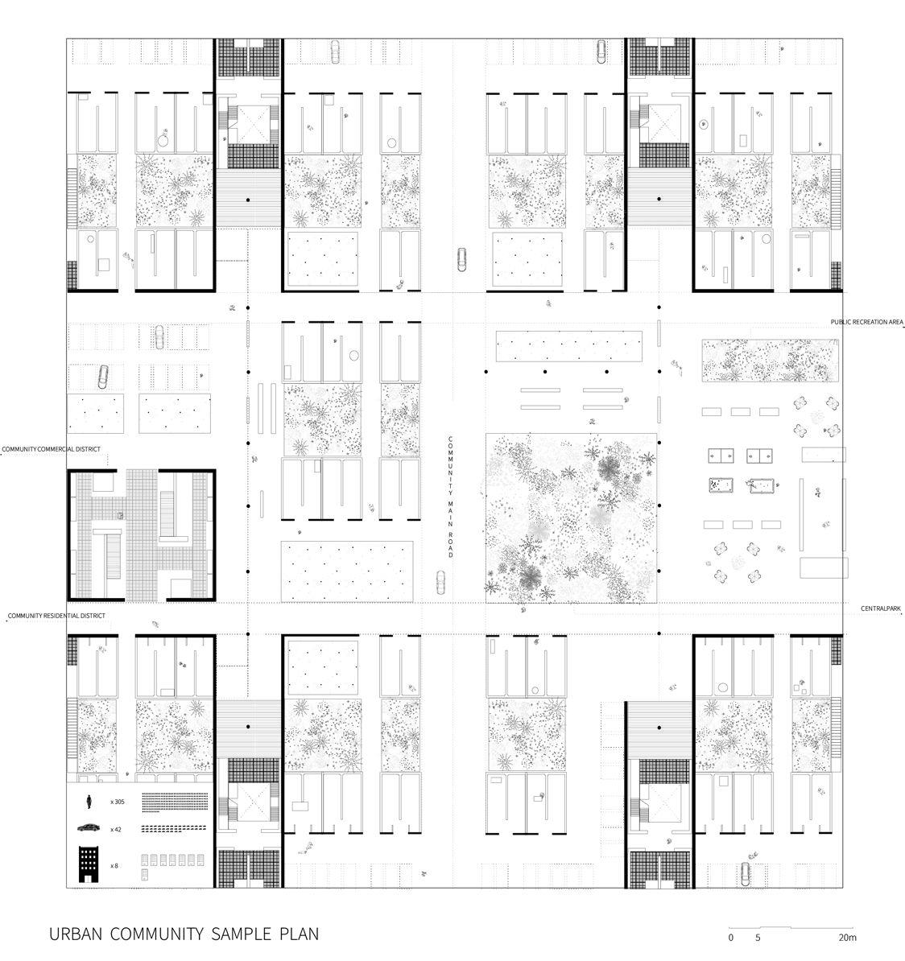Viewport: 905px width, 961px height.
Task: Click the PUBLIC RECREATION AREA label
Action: (x=867, y=322)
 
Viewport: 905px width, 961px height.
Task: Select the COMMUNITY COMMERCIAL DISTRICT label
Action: (x=52, y=448)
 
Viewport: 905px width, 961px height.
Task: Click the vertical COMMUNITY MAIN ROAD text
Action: (x=452, y=497)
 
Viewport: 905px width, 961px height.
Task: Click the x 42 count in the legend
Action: (x=116, y=829)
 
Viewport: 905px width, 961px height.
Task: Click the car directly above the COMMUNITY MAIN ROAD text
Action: (x=461, y=259)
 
